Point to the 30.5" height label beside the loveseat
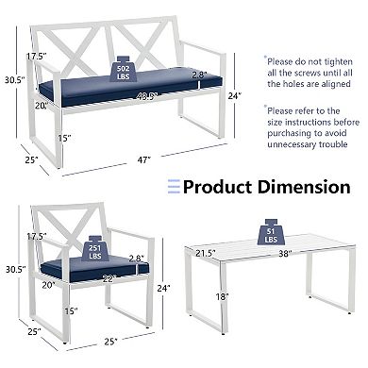(x=13, y=79)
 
